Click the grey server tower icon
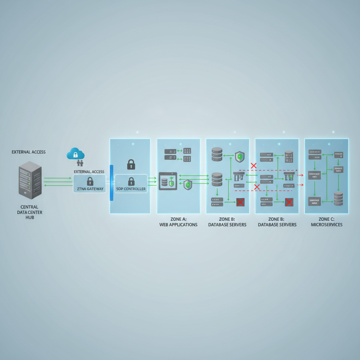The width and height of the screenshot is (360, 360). (30, 180)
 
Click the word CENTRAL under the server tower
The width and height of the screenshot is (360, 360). (30, 207)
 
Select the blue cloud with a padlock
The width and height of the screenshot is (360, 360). (76, 154)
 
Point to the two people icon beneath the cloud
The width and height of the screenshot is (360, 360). (80, 163)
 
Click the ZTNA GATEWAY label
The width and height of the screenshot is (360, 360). (90, 189)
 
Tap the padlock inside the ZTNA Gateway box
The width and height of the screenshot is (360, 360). (90, 181)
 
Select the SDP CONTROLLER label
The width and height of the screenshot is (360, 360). (131, 189)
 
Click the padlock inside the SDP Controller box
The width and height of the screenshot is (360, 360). (131, 181)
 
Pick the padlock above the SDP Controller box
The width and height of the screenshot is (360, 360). (131, 164)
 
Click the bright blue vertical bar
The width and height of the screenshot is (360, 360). (111, 183)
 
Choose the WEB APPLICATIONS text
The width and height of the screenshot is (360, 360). (179, 225)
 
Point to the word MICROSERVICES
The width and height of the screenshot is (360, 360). (327, 225)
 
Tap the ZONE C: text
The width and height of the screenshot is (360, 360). (327, 219)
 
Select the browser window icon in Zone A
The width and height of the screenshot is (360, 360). (168, 181)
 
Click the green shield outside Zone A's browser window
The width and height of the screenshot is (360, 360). (188, 184)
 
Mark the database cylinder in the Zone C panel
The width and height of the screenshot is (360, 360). (339, 199)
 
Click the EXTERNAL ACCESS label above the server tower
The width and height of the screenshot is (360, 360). (28, 152)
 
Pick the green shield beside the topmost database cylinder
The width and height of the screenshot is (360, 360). (239, 156)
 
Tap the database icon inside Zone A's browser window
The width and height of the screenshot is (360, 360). (164, 182)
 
